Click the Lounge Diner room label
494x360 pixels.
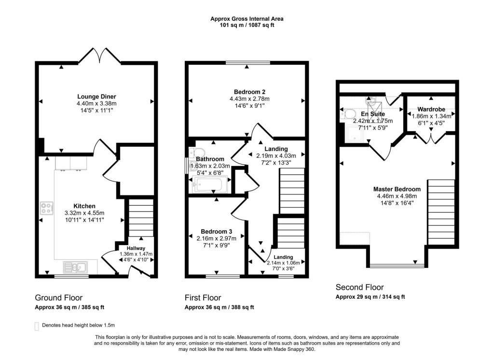(x=96, y=97)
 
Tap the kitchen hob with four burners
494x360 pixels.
(x=47, y=208)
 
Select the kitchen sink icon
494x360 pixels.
(x=76, y=266)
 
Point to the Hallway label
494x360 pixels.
(x=136, y=248)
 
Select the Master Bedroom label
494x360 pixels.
(x=397, y=189)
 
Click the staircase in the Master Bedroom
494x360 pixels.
(x=441, y=212)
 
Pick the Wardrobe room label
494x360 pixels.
(x=431, y=109)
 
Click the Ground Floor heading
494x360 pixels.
(x=58, y=298)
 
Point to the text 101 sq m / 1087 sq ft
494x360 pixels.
(x=247, y=25)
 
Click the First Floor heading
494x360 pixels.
(x=203, y=298)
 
